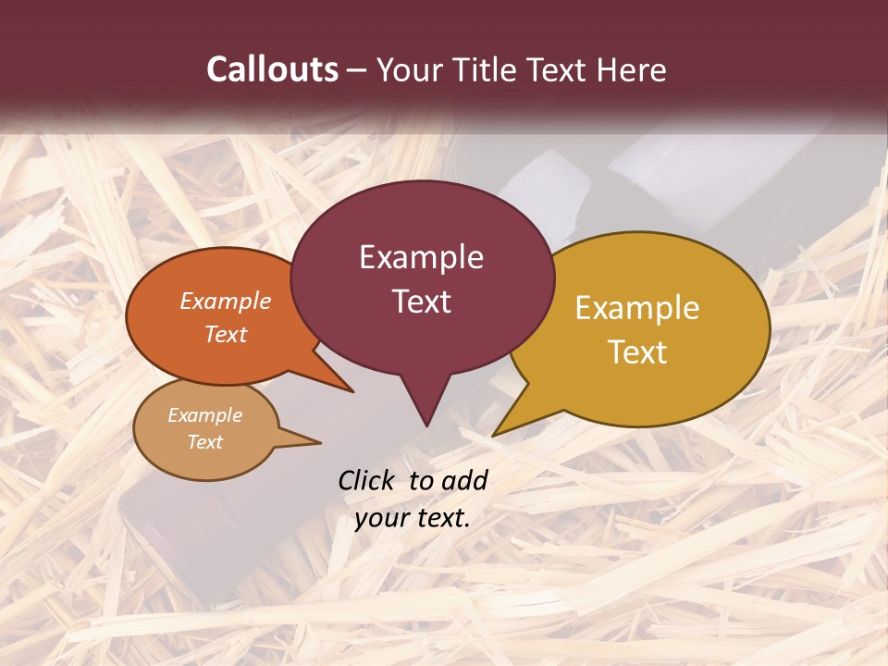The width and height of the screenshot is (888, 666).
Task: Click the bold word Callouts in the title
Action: (x=272, y=69)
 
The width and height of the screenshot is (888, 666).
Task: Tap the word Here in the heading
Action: (x=632, y=69)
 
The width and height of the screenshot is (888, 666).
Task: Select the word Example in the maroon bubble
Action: (x=421, y=257)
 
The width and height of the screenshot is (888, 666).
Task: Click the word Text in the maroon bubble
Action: (x=421, y=302)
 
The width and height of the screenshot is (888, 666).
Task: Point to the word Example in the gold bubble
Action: (x=637, y=308)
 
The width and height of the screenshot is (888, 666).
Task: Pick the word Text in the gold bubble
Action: (x=637, y=352)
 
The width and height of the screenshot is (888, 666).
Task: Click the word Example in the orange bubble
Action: (x=226, y=301)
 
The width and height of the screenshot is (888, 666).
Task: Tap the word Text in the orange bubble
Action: (x=226, y=334)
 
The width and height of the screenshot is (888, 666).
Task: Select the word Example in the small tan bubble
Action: (x=204, y=415)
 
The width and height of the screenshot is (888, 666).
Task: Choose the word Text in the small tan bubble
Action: (x=204, y=442)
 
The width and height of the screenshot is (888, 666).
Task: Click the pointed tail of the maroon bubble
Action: (x=426, y=421)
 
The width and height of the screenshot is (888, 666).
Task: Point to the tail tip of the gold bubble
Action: (x=497, y=433)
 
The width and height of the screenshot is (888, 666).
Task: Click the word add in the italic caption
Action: (x=463, y=480)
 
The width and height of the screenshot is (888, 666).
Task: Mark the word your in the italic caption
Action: (x=379, y=518)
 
